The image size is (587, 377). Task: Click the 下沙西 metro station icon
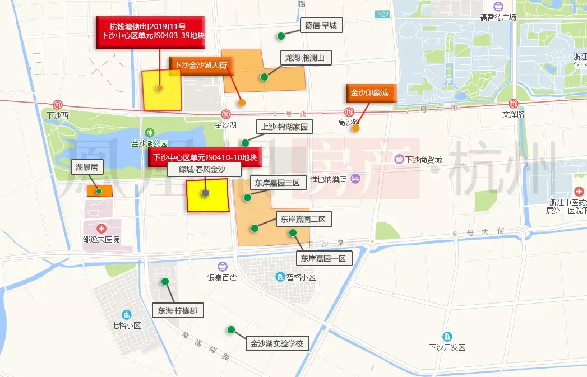(58, 105)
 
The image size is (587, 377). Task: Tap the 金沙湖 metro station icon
(225, 114)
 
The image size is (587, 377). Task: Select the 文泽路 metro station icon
(512, 104)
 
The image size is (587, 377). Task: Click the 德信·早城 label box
(321, 25)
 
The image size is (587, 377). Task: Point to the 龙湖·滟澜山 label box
(306, 58)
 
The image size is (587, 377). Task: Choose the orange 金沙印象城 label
(369, 93)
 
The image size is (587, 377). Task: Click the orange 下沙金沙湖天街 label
(200, 66)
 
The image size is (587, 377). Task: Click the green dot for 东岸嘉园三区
(247, 197)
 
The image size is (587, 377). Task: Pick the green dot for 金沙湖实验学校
(230, 329)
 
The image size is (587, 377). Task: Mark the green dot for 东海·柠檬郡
(165, 281)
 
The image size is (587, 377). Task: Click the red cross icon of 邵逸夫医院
(101, 229)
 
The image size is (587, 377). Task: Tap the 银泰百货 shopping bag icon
(222, 266)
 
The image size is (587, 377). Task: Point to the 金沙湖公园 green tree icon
(150, 133)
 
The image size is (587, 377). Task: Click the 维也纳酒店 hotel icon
(355, 179)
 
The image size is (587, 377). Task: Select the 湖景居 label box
(87, 167)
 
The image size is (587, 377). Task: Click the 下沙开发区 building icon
(447, 336)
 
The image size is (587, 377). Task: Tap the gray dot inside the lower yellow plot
(206, 193)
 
